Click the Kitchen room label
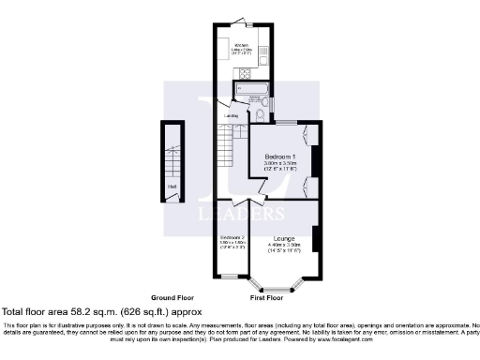241,43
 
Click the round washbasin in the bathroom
240,114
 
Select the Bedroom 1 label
280,155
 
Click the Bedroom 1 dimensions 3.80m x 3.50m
280,163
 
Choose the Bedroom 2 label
232,237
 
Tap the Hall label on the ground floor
172,186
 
